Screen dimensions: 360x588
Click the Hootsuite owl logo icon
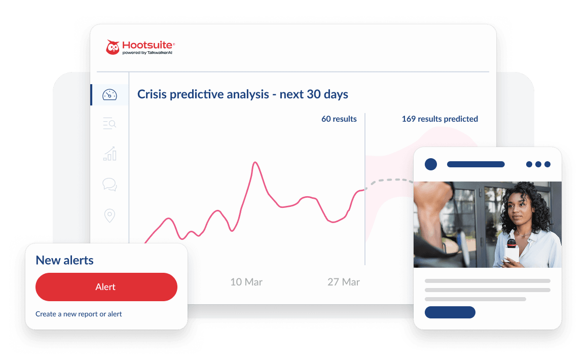click(113, 47)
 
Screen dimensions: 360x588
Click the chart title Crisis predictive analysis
click(243, 94)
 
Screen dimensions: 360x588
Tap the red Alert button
click(106, 287)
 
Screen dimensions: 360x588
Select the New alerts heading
click(64, 261)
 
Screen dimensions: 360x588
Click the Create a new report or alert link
click(79, 314)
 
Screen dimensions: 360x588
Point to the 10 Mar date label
click(246, 282)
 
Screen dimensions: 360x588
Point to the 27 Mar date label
click(344, 282)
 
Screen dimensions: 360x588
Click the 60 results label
click(339, 119)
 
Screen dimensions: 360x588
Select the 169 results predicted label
click(439, 119)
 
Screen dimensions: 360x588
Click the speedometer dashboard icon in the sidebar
click(109, 95)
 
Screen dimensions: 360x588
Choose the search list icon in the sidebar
click(109, 123)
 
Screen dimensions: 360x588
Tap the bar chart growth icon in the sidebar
click(109, 154)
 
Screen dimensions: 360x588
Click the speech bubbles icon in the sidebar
click(109, 185)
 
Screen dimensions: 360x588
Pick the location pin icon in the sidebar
click(109, 215)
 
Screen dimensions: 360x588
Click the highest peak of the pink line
click(255, 163)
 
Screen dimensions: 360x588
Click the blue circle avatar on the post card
click(430, 164)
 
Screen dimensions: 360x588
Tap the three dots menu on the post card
click(538, 164)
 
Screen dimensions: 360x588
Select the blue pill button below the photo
click(450, 312)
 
